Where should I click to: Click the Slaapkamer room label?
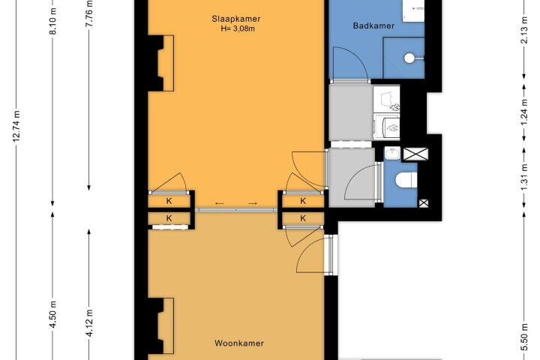coord(236,19)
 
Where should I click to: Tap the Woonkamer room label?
coord(239,343)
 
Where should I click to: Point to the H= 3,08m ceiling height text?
coord(238,28)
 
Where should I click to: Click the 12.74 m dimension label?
coord(16,126)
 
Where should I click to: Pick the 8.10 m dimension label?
coord(53,21)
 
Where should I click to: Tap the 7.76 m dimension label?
coord(88,13)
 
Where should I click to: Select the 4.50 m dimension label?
coord(53,314)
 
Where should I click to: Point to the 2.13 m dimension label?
coord(523,30)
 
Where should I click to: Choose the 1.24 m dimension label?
coord(523,112)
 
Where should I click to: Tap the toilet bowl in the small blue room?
coord(406,180)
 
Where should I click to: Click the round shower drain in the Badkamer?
coord(409,58)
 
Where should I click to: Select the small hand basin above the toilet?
coord(392,153)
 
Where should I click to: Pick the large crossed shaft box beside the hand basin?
coord(415,154)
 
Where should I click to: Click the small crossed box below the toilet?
coord(424,203)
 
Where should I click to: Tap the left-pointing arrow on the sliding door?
coord(219,203)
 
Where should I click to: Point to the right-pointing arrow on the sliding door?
coord(253,203)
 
